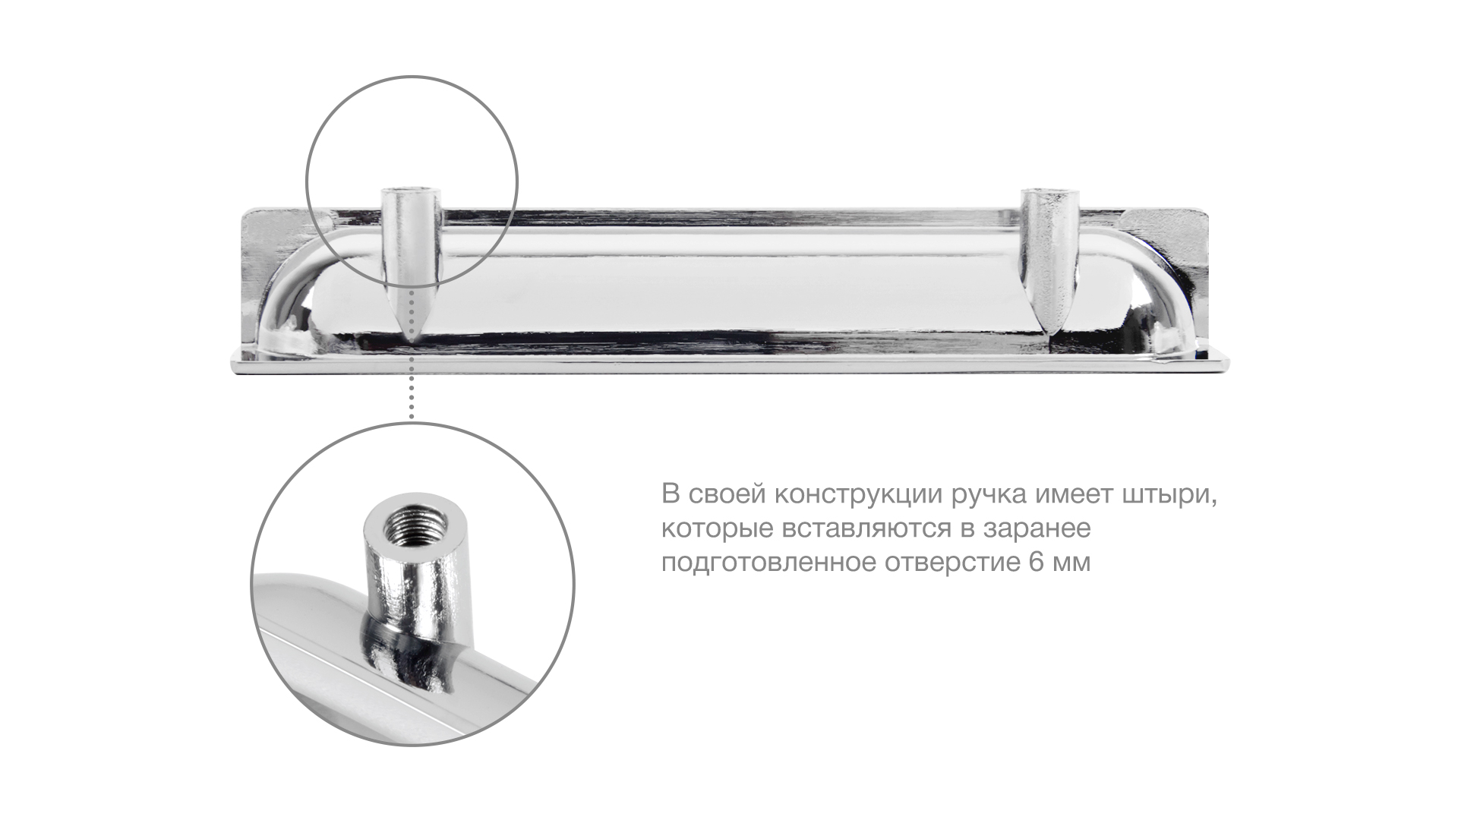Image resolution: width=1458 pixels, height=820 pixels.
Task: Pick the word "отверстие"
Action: coord(945,563)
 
